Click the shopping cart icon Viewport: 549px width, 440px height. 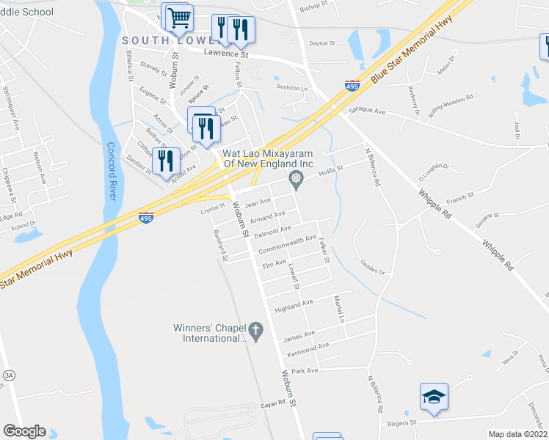(179, 18)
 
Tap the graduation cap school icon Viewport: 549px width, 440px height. (434, 397)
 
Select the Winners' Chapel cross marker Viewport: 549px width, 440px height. (255, 331)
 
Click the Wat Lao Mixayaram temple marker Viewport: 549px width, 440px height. (296, 178)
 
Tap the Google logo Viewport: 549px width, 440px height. (24, 431)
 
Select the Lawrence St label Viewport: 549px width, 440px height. (227, 54)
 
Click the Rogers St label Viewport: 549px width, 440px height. (402, 422)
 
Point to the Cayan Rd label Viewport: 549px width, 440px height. (272, 404)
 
